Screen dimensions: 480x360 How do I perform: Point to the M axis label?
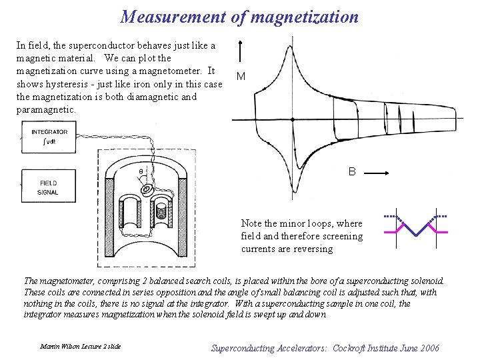[x=240, y=77]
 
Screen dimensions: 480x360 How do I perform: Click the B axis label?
[x=352, y=172]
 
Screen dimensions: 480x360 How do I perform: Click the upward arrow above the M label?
[x=240, y=51]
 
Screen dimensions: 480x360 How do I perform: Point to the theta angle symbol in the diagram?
[x=141, y=172]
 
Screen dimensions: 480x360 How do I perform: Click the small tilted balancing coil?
[x=146, y=191]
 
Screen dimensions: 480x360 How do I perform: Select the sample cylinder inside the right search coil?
[x=161, y=212]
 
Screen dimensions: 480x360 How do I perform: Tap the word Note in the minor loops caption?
[x=251, y=223]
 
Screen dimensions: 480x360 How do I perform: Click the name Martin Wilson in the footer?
[x=59, y=347]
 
